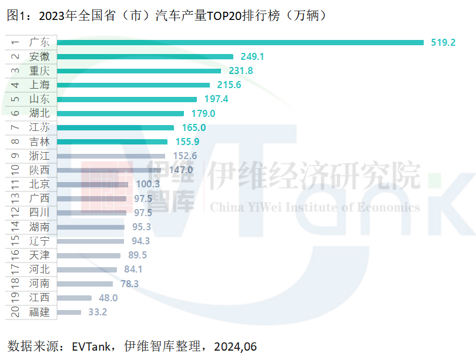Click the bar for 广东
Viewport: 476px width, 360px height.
coord(240,42)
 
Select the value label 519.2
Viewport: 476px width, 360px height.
coord(443,42)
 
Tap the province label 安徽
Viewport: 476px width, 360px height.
coord(39,56)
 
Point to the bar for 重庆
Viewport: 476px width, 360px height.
coord(139,70)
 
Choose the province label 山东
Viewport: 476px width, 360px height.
coord(39,99)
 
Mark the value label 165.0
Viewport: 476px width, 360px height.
coord(193,127)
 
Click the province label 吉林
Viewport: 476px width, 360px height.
coord(39,142)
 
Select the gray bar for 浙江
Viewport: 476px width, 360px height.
coord(112,156)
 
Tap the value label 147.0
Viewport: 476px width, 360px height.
coord(180,170)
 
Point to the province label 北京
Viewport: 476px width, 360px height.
coord(39,184)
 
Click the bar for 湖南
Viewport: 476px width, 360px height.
coord(91,227)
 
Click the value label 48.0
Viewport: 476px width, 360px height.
coord(108,298)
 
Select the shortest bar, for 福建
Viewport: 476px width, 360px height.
coord(69,312)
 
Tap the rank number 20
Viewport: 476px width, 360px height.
coord(15,312)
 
